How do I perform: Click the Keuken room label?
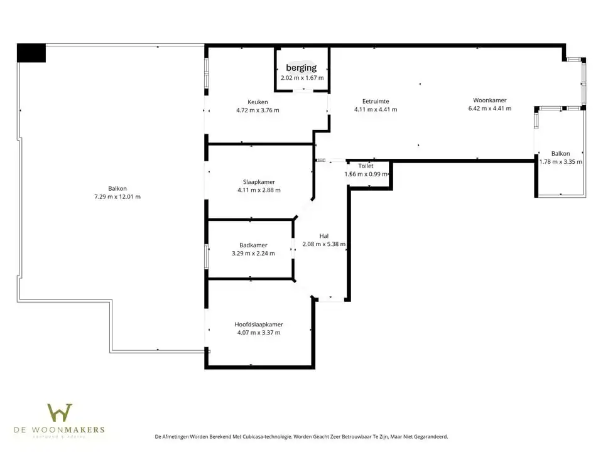[x=258, y=102]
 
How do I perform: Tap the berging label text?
[x=301, y=68]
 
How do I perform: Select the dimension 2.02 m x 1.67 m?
[x=302, y=78]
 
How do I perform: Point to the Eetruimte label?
[x=376, y=101]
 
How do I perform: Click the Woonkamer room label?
[x=490, y=100]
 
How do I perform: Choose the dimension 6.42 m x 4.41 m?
[x=490, y=108]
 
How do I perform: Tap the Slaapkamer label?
[x=259, y=182]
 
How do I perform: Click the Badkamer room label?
[x=253, y=245]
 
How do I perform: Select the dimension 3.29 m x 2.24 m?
[x=253, y=254]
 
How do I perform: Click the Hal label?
[x=324, y=236]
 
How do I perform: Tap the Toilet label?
[x=366, y=166]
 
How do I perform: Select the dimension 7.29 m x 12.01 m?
[x=117, y=196]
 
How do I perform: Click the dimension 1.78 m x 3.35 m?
[x=561, y=161]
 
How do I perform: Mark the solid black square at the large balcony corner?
[x=31, y=53]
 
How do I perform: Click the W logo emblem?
[x=60, y=412]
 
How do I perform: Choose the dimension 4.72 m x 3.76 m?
[x=258, y=110]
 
